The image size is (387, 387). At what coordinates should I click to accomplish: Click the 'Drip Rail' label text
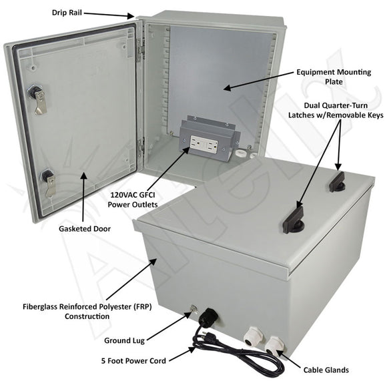[x=67, y=13]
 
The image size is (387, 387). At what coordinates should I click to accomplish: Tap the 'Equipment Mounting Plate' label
[x=334, y=77]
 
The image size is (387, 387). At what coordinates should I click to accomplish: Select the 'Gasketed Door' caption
[x=85, y=229]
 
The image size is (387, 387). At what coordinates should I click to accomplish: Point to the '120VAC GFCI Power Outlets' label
[x=133, y=200]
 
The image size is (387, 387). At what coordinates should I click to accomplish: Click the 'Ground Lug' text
[x=124, y=340]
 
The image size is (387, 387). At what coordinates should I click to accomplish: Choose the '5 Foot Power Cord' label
[x=133, y=361]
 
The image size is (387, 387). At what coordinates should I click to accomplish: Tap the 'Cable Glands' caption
[x=326, y=370]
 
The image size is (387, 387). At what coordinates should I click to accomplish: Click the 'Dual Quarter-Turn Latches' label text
[x=336, y=110]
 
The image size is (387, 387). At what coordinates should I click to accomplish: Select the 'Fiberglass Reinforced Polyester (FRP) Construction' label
[x=87, y=312]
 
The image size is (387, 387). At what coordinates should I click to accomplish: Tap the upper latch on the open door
[x=37, y=99]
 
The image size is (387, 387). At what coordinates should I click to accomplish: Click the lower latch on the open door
[x=49, y=182]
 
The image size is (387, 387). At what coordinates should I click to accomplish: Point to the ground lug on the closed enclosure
[x=193, y=310]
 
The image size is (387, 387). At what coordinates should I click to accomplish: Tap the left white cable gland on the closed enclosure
[x=254, y=336]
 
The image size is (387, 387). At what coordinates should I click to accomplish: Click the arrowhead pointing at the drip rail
[x=131, y=16]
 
